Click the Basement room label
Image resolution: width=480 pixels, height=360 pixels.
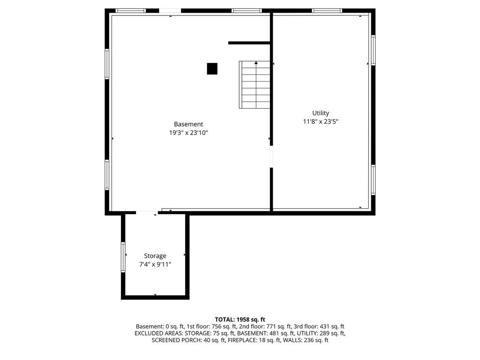[188, 124]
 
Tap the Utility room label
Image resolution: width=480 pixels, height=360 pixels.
[321, 113]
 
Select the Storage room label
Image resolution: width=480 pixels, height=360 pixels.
[155, 256]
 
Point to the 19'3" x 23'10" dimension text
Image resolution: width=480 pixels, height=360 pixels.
[188, 133]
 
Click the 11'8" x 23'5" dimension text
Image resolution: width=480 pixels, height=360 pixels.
[321, 122]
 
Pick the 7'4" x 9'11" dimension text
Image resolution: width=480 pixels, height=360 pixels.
[155, 264]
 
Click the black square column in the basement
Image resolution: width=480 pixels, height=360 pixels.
[212, 69]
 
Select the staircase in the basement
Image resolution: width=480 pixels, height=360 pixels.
[255, 85]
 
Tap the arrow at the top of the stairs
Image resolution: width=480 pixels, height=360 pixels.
[256, 62]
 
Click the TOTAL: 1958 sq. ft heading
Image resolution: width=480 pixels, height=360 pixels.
[240, 319]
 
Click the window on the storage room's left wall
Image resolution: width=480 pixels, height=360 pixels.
[123, 256]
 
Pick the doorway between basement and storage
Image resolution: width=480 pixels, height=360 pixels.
[147, 213]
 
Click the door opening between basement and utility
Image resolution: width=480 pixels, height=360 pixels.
[271, 157]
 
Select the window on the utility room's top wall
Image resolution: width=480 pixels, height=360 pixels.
[327, 10]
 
